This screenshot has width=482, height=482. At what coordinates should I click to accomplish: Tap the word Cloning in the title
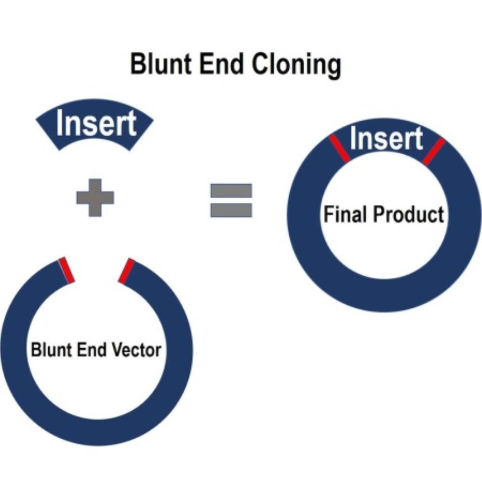point(296,66)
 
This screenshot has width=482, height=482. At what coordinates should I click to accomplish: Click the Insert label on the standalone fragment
point(96,123)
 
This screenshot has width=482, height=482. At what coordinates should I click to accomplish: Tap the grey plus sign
point(95,198)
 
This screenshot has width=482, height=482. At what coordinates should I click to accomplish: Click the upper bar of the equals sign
point(231,190)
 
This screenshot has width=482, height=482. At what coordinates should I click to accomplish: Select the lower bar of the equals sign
point(231,210)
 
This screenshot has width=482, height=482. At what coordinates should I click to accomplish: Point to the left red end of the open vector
point(67,270)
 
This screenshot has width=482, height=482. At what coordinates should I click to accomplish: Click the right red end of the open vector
point(126,270)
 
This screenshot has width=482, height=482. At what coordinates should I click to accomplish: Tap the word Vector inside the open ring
point(136,350)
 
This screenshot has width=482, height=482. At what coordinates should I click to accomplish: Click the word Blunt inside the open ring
point(51,350)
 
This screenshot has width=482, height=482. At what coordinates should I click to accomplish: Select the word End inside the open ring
point(91,350)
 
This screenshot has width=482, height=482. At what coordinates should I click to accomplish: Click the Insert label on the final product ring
point(387,138)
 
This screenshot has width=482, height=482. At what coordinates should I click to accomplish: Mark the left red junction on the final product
point(339,148)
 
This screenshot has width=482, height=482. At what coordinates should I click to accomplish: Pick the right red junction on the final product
point(434,151)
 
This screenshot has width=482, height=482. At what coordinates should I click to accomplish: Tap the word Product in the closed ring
point(409,214)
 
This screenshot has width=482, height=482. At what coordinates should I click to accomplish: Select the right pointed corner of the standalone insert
point(154,120)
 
